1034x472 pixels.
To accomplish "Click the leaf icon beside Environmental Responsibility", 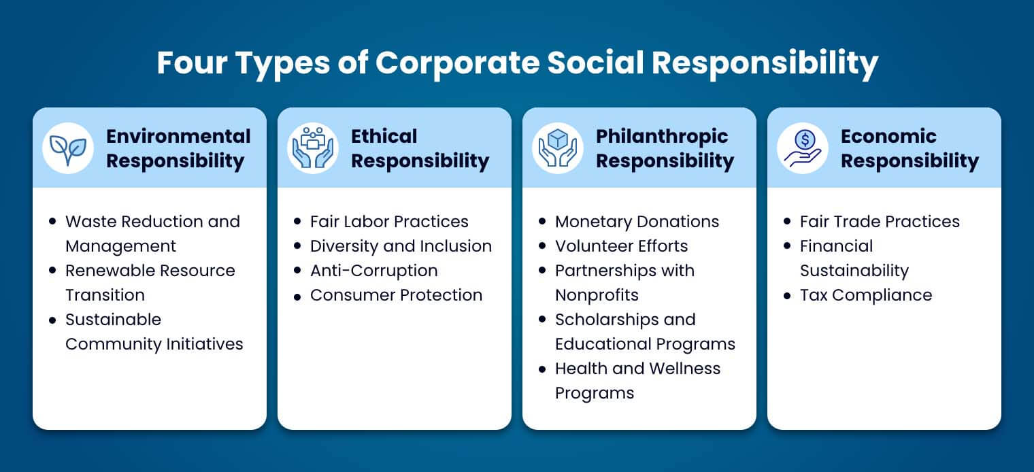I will [68, 148].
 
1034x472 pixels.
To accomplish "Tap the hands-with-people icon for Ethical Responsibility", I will [313, 148].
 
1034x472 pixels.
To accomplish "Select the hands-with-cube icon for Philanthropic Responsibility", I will [558, 148].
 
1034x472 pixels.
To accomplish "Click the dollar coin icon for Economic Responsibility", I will [803, 148].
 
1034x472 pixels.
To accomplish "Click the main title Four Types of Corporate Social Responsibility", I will [517, 63].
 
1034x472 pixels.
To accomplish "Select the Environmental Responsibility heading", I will [178, 148].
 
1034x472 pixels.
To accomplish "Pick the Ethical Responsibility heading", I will [420, 148].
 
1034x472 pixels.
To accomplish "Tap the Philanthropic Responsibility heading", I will [665, 148].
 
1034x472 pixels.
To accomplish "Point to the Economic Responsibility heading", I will [910, 148].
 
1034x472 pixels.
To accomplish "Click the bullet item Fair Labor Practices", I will [389, 222].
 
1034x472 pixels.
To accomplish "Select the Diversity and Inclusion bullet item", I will [401, 246].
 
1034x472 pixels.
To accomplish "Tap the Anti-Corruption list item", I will [373, 271].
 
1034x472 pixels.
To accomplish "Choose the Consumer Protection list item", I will [396, 295].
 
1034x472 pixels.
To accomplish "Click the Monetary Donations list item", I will [637, 222].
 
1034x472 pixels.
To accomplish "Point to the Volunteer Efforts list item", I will [621, 246].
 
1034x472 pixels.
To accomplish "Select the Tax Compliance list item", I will [865, 295].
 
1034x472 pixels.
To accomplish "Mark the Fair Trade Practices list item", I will [880, 222].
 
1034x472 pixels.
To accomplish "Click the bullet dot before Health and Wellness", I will [542, 369].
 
